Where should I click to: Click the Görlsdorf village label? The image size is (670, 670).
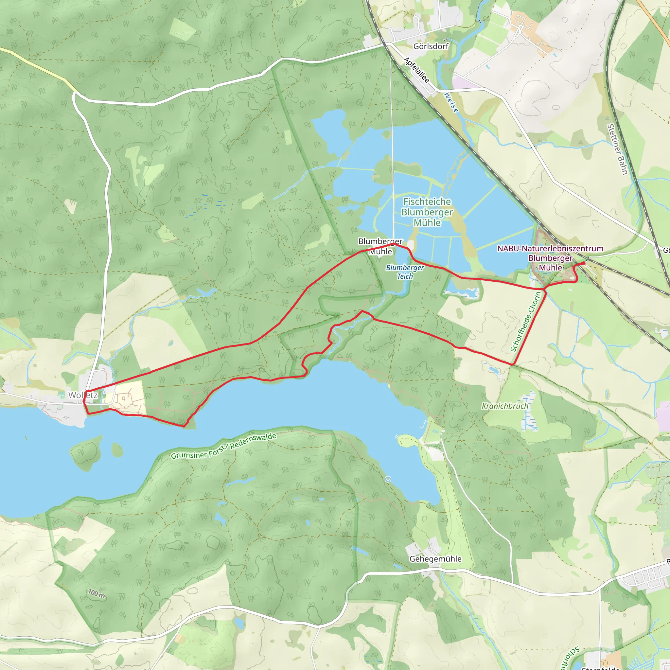[x=431, y=46]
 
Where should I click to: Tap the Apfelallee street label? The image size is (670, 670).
[x=416, y=70]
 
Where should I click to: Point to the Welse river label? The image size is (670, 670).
[x=451, y=102]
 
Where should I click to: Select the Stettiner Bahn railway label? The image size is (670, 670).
[x=617, y=149]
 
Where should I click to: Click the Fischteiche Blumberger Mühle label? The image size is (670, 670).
[x=427, y=212]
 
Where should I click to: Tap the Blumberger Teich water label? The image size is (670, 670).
[x=405, y=272]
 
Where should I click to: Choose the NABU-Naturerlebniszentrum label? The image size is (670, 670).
[x=550, y=249]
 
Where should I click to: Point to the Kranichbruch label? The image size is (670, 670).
[x=505, y=406]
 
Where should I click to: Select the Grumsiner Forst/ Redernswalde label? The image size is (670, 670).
[x=224, y=446]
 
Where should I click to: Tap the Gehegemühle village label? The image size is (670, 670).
[x=435, y=559]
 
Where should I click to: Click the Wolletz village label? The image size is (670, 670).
[x=83, y=395]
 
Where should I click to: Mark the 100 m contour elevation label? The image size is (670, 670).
[x=97, y=594]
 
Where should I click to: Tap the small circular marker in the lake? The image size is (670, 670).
[x=388, y=479]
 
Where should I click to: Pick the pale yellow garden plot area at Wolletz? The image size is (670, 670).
[x=128, y=399]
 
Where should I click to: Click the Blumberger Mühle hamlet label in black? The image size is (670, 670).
[x=380, y=246]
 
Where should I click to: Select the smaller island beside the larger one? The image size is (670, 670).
[x=117, y=450]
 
